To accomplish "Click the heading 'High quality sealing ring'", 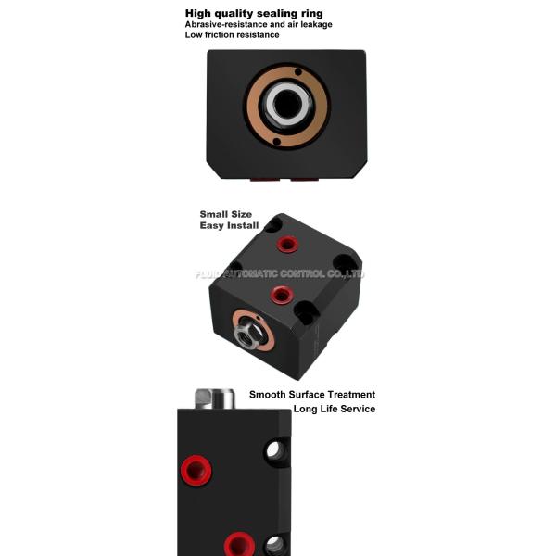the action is (x=254, y=14).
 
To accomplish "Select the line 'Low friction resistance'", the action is (x=232, y=35).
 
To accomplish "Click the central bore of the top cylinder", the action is (x=286, y=104).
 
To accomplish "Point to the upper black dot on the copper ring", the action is (x=298, y=72).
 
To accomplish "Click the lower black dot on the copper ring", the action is (x=276, y=142).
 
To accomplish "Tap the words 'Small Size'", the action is (x=226, y=214).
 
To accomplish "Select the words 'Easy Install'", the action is (x=229, y=225).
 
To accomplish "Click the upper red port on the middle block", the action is (x=287, y=244).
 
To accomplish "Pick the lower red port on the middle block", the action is (x=281, y=295).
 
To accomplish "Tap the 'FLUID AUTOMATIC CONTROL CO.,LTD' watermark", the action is (x=280, y=273).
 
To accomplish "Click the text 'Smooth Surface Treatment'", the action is (x=312, y=395).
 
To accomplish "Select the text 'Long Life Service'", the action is (x=334, y=409).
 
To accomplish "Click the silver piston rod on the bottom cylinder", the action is (x=215, y=398).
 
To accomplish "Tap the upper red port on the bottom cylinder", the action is (x=196, y=471).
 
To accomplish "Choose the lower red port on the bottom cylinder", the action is (x=239, y=544).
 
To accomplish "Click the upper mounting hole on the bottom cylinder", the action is (x=276, y=451).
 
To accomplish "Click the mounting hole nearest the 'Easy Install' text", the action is (x=273, y=225).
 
